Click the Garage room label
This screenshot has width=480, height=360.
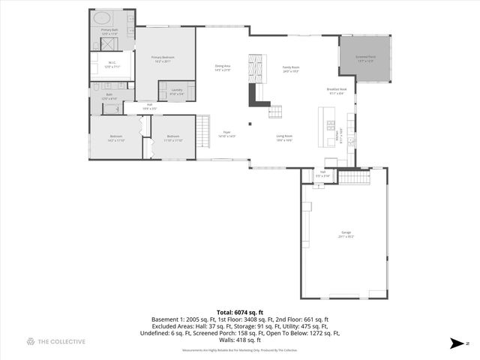(345, 234)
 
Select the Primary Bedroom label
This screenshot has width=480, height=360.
(163, 58)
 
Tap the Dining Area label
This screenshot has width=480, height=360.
(223, 67)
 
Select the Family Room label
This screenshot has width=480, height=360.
(290, 69)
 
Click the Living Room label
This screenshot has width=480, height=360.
(284, 138)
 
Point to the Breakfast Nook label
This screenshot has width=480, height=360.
(335, 91)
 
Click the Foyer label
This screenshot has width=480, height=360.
(226, 134)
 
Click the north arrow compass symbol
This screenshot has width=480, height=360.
(458, 343)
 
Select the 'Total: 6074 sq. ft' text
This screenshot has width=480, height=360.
(239, 311)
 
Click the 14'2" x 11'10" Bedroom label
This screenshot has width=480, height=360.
(115, 138)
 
